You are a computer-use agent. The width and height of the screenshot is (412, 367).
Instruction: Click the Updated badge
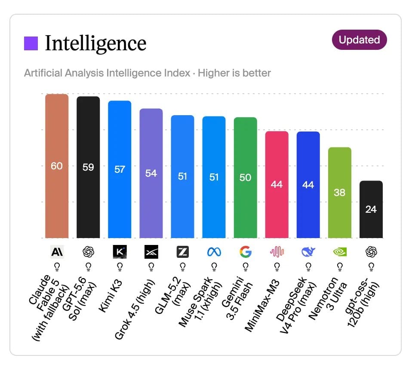pos(359,40)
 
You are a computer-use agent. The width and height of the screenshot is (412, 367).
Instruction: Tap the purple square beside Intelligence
pos(31,43)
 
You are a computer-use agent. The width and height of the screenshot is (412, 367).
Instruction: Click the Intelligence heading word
pos(95,43)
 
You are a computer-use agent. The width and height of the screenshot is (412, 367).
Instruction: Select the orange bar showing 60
pos(57,166)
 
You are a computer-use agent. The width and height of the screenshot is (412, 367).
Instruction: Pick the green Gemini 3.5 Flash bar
pos(246,178)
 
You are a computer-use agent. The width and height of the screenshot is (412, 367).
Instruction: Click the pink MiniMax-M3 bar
pos(277,184)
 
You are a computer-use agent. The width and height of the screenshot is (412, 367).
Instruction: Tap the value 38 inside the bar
pos(339,193)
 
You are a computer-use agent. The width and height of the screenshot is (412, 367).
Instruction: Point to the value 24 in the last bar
pos(371,209)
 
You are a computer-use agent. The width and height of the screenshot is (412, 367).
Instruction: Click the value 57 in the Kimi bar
pos(120,170)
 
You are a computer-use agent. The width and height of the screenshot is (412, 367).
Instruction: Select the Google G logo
pos(246,252)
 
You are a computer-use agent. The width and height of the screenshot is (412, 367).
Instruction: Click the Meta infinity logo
pos(214,252)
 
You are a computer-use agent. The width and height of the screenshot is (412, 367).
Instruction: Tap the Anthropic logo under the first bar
pos(57,252)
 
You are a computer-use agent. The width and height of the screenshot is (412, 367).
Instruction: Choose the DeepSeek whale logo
pos(308,252)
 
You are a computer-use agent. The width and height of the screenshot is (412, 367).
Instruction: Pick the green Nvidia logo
pos(340,252)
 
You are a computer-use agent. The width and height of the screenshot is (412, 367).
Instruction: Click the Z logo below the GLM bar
pos(183,252)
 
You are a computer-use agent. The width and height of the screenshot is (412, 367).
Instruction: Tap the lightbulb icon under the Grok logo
pos(151,267)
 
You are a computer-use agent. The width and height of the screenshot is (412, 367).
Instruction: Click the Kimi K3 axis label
pos(111,296)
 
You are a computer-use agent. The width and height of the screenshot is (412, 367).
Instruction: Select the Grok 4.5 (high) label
pos(135,309)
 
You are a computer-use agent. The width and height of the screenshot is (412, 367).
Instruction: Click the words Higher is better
pos(234,73)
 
